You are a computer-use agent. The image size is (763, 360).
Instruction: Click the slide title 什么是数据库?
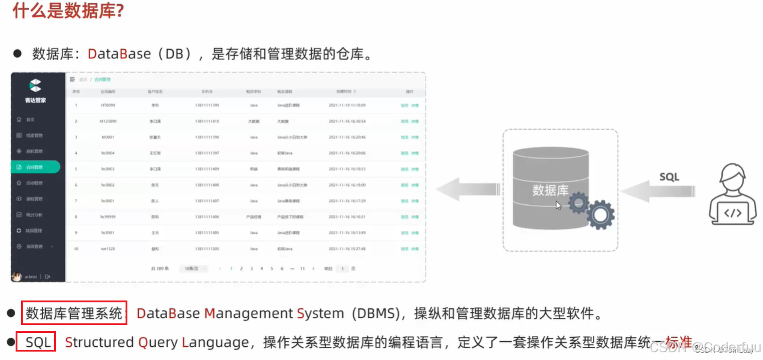68,11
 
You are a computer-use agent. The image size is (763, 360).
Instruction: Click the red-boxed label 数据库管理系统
74,313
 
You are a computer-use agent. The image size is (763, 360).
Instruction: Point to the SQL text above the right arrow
669,177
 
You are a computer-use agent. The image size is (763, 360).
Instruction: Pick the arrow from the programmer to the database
658,191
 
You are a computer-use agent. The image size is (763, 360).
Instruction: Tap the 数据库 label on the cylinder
550,191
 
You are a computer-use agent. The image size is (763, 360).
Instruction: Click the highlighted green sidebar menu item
35,167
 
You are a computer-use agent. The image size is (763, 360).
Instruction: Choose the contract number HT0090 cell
108,105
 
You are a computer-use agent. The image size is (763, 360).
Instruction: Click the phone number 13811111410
207,121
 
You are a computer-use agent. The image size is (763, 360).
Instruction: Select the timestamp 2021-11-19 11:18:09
347,105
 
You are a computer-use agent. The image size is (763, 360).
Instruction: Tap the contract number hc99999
108,216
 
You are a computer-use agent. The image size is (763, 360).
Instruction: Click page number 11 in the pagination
302,269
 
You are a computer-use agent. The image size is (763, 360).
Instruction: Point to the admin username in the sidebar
31,277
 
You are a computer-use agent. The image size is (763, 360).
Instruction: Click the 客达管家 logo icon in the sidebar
35,85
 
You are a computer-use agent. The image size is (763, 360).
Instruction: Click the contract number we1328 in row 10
108,248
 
